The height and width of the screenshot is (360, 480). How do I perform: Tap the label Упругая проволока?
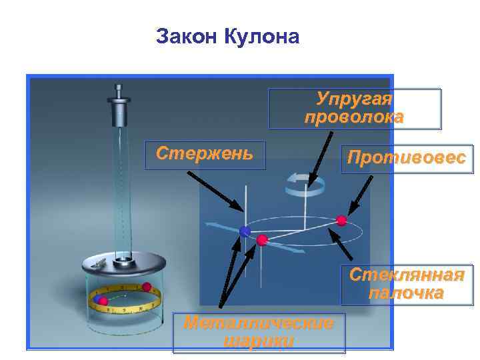pos(354,109)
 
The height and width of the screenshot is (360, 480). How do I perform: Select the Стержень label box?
pos(205,154)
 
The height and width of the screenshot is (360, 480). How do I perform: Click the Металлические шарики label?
pos(259,332)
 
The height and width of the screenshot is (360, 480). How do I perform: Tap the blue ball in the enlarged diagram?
pos(245,231)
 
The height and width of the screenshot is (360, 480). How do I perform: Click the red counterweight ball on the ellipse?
pos(342,220)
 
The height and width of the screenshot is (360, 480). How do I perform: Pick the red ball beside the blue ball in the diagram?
pos(262,239)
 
